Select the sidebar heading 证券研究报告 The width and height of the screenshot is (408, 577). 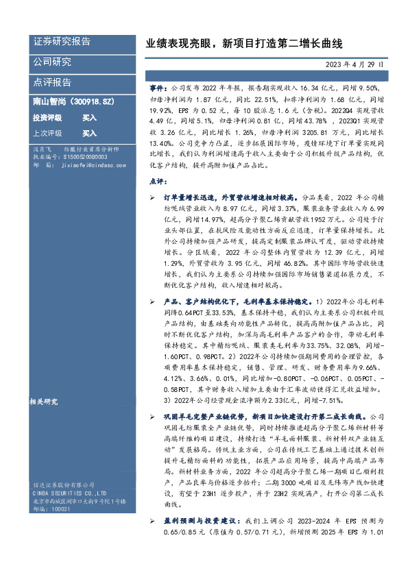(x=62, y=42)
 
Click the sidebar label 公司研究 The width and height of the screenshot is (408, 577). (x=52, y=62)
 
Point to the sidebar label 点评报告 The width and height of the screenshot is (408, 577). (x=52, y=82)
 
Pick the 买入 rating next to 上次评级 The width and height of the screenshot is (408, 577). (x=89, y=134)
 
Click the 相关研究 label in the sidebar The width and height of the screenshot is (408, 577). (x=45, y=402)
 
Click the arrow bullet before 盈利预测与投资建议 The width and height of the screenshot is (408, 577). (x=152, y=521)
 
